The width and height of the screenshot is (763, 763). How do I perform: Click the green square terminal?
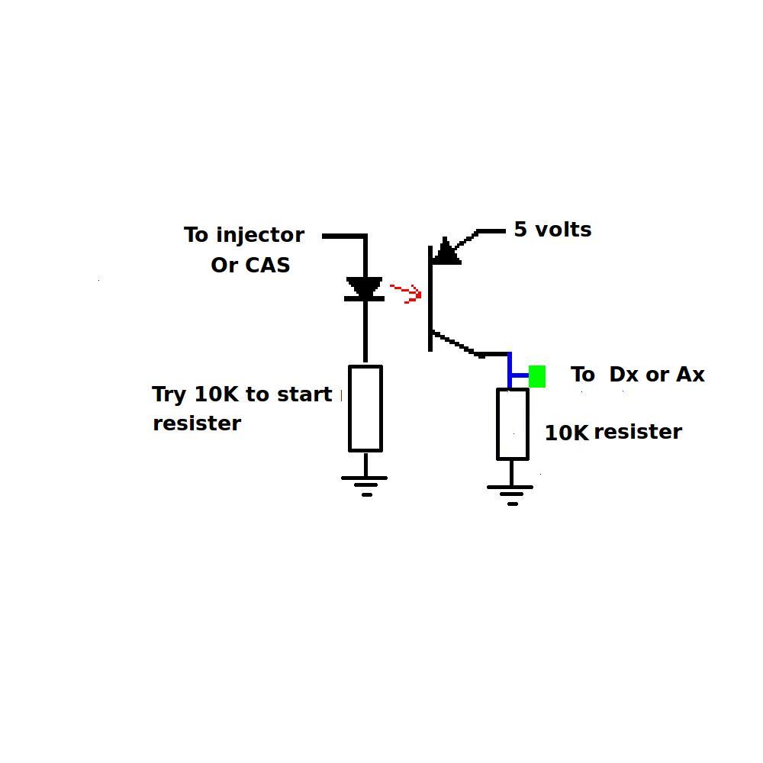536,376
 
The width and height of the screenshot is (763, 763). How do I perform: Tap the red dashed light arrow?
407,294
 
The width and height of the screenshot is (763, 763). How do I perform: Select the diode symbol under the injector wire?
365,289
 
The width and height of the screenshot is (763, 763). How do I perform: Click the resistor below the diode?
365,408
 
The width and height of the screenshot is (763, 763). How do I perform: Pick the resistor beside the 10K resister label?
513,423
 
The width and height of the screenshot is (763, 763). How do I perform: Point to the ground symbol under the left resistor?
365,486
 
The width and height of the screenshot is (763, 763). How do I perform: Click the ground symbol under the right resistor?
510,495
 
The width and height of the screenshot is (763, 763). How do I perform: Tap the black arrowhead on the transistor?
446,252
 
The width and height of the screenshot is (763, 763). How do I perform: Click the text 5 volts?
552,229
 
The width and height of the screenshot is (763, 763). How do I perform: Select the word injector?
260,236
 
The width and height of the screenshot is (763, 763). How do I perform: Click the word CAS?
267,266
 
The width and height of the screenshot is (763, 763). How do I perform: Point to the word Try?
169,394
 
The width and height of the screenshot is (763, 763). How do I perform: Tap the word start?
304,394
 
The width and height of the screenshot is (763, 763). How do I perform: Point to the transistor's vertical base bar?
430,298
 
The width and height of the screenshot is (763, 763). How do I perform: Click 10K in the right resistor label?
566,433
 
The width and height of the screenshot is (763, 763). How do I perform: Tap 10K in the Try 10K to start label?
217,394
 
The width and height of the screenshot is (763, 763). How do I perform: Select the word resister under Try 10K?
197,423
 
